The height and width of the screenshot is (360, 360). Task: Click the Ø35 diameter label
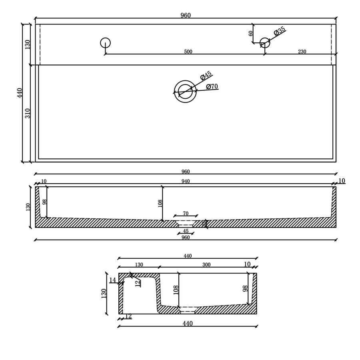pos(280,31)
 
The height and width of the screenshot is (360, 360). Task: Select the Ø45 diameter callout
pos(206,76)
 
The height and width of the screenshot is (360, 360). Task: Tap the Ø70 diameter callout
pos(212,87)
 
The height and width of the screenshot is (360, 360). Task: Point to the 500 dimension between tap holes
pos(188,52)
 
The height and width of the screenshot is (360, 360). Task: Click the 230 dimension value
pos(302,52)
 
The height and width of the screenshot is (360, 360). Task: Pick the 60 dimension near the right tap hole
pos(251,34)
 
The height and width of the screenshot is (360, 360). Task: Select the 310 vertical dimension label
pos(28,113)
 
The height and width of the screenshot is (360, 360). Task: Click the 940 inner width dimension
pos(186,181)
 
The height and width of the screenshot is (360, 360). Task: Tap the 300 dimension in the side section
pos(206,265)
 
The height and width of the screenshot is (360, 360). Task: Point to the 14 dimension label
pos(112,280)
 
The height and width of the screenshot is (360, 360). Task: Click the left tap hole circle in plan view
pos(105,43)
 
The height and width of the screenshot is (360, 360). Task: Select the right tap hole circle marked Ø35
pos(265,43)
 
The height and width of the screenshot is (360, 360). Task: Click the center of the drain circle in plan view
pos(185,92)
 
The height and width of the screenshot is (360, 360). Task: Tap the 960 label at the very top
pos(186,16)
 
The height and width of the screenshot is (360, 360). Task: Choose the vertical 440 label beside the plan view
pos(20,93)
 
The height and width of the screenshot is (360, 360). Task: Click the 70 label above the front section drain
pos(186,214)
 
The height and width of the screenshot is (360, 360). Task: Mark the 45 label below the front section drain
pos(186,231)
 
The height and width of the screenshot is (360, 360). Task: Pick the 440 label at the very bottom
pos(188,324)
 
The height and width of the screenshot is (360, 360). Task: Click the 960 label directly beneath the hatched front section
pos(186,238)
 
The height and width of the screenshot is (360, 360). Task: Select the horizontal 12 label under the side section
pos(128,316)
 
